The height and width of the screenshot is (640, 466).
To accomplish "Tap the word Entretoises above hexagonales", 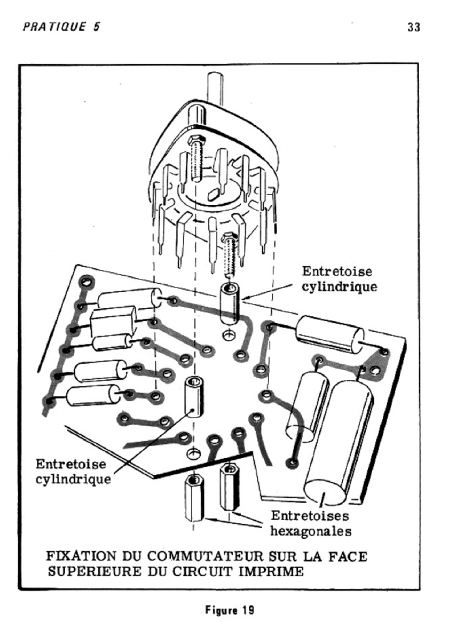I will point(310,516).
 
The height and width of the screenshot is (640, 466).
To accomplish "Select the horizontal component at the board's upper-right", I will point(329,334).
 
